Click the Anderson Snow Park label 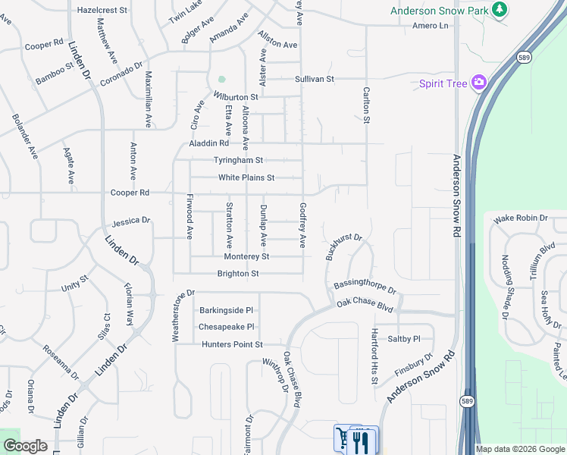439,10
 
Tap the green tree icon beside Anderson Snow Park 499,9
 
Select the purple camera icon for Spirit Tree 479,83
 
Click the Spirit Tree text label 443,83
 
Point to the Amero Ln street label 431,26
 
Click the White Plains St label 246,177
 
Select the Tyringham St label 238,160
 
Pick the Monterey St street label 246,257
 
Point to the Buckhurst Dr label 345,247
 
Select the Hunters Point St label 232,344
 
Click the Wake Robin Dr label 521,218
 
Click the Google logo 24,446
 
